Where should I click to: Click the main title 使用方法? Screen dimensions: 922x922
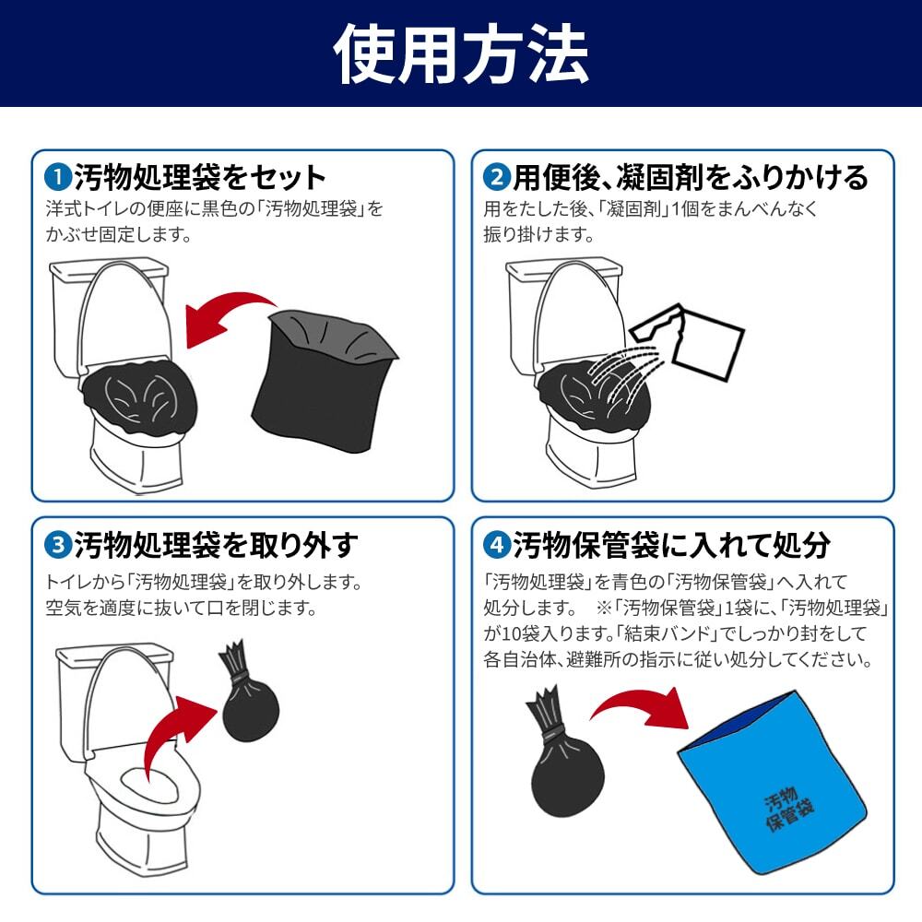(x=461, y=54)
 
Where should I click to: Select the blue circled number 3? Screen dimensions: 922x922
(x=57, y=545)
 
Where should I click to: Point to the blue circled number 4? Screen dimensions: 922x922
(x=496, y=545)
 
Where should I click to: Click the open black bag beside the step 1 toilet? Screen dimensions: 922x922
(x=325, y=379)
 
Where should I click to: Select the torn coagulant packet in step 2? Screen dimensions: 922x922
(x=688, y=341)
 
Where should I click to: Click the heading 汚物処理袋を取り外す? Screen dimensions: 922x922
(x=216, y=545)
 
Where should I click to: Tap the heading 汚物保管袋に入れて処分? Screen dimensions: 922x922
(x=671, y=545)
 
